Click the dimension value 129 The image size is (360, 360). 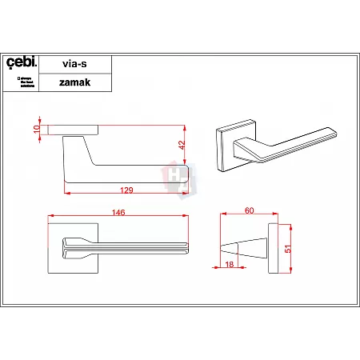point(126,190)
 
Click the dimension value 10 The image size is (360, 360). point(38,129)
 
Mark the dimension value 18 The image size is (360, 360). point(230,264)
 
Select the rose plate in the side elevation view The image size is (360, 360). point(74,129)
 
